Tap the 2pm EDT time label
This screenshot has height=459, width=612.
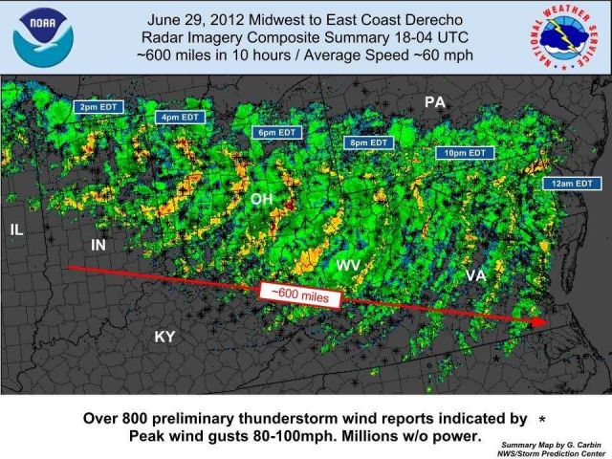point(98,107)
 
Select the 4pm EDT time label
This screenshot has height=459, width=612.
point(179,118)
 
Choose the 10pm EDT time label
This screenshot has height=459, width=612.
point(465,152)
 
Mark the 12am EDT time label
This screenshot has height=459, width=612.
point(571,183)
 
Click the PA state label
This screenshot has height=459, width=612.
point(435,101)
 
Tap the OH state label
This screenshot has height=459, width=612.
point(261,199)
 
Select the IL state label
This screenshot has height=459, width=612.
point(16,229)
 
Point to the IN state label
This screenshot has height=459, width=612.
point(98,246)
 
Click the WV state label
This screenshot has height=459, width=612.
point(348,264)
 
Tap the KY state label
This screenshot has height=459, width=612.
point(165,337)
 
